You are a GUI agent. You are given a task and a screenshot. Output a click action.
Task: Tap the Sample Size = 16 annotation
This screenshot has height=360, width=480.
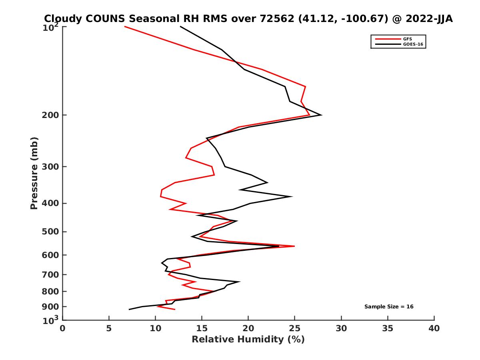pyautogui.click(x=388, y=307)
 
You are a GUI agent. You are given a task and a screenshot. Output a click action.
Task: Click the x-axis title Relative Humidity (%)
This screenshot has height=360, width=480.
pyautogui.click(x=248, y=340)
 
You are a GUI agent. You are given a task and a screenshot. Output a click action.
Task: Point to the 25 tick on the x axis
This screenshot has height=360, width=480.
pyautogui.click(x=295, y=328)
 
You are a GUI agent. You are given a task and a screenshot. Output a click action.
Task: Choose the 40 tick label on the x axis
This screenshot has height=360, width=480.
pyautogui.click(x=434, y=328)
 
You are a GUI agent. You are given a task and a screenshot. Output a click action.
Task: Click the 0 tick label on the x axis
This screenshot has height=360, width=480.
pyautogui.click(x=63, y=328)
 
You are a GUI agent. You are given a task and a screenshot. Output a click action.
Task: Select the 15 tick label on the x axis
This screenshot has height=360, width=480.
pyautogui.click(x=202, y=328)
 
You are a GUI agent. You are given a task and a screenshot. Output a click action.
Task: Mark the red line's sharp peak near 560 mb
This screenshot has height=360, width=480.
pyautogui.click(x=294, y=246)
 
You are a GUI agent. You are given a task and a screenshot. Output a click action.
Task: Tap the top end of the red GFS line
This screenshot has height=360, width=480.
pyautogui.click(x=125, y=26)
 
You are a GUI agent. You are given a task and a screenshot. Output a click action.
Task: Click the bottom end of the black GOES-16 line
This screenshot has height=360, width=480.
pyautogui.click(x=129, y=309)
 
